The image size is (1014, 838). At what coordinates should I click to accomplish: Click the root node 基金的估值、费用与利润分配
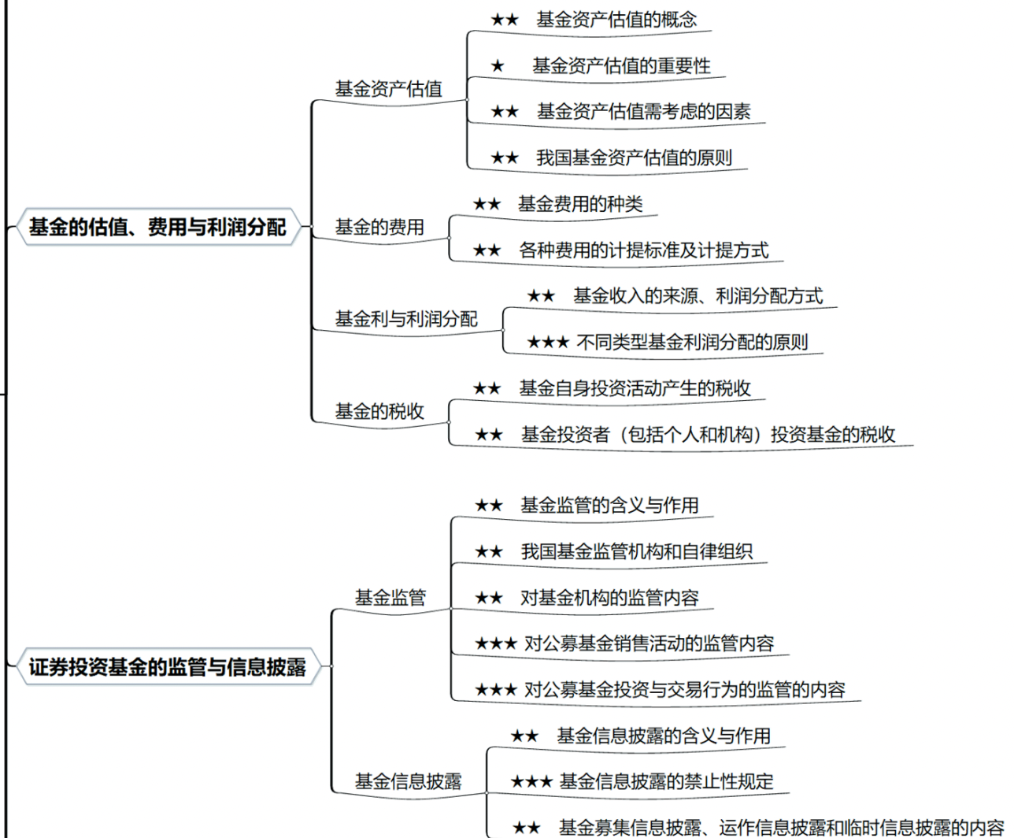[x=157, y=227]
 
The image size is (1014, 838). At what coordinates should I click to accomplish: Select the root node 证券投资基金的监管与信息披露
[x=167, y=667]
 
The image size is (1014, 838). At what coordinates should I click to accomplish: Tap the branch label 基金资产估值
[x=388, y=89]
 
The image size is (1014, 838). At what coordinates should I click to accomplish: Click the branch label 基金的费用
[x=379, y=228]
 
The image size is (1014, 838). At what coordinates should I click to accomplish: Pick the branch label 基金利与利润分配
[x=406, y=319]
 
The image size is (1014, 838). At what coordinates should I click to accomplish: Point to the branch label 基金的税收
[x=379, y=411]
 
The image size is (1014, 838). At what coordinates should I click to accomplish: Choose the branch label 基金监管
[x=390, y=598]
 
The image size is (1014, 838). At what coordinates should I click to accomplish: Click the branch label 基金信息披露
[x=408, y=781]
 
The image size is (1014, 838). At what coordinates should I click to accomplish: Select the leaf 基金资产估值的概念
[x=616, y=20]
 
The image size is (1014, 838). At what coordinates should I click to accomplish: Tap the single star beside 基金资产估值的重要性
[x=497, y=66]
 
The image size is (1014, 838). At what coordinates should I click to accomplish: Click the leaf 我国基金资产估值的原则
[x=634, y=158]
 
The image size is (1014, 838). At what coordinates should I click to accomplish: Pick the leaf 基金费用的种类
[x=580, y=204]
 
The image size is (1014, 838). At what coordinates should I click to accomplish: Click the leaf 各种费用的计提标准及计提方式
[x=643, y=250]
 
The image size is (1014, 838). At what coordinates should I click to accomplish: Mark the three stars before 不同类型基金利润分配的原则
[x=547, y=343]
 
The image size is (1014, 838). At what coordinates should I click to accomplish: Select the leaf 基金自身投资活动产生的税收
[x=635, y=388]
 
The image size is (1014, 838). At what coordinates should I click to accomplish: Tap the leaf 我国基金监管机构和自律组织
[x=636, y=551]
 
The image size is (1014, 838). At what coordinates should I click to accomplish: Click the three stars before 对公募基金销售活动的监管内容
[x=495, y=644]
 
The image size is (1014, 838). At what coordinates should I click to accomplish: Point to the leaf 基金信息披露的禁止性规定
[x=666, y=781]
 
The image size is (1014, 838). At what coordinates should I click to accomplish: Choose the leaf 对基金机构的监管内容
[x=609, y=598]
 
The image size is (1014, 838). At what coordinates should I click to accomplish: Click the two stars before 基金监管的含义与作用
[x=488, y=506]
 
